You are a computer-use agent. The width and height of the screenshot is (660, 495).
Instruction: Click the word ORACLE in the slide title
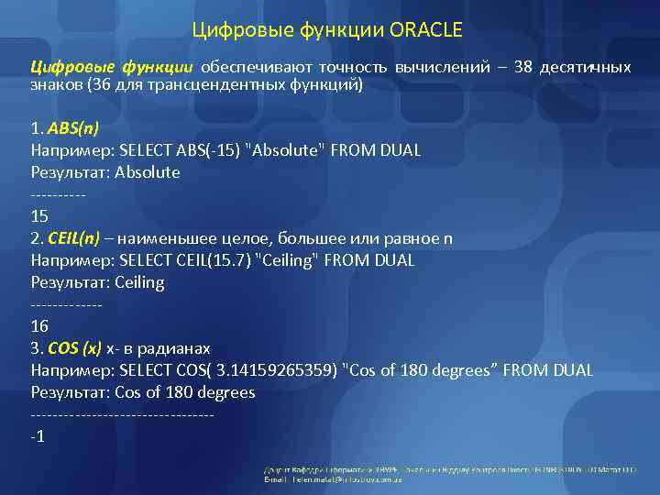point(426,31)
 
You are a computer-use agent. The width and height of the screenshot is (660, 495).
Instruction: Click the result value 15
point(39,216)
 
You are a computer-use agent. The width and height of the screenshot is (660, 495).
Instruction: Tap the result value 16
point(39,326)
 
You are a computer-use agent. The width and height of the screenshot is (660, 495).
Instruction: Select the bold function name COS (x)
point(74,348)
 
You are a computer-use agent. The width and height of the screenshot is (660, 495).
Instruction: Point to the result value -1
point(38,435)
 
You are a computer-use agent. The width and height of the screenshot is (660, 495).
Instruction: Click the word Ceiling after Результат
point(139,282)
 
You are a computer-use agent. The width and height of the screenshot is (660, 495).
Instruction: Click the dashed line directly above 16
point(66,305)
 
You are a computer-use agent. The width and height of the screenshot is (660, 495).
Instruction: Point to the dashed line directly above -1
point(122,414)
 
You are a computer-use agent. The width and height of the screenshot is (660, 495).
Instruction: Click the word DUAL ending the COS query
point(573,370)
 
